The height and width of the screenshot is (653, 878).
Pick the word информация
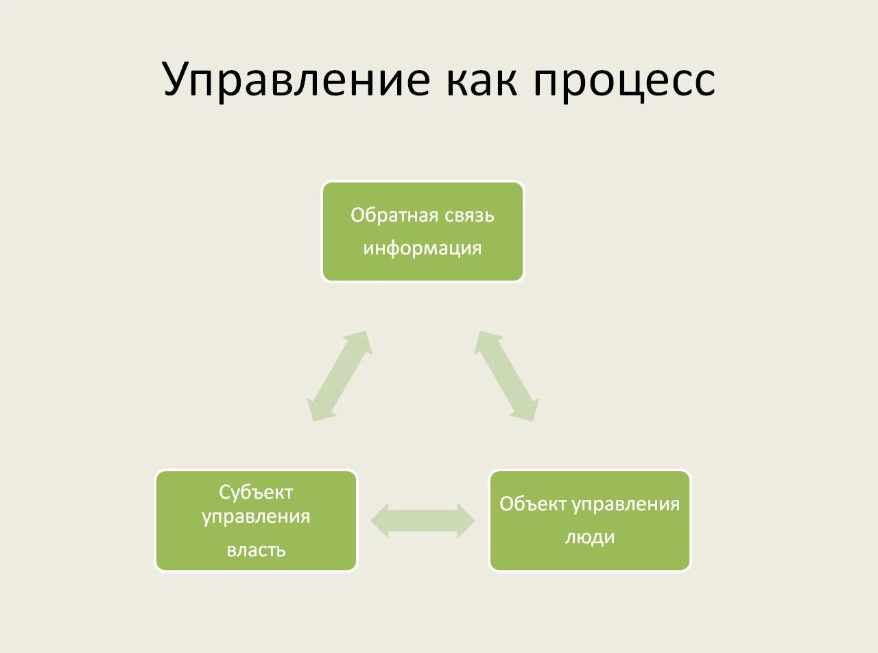(423, 248)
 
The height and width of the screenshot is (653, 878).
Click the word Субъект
(256, 492)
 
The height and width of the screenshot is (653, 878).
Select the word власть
(256, 550)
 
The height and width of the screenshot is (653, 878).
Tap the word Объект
(533, 504)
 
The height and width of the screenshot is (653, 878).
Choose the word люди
(590, 536)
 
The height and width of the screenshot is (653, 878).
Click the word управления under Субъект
(256, 516)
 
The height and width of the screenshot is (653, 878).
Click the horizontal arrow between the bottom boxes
(423, 521)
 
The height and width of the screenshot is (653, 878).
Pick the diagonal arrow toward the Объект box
(506, 376)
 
